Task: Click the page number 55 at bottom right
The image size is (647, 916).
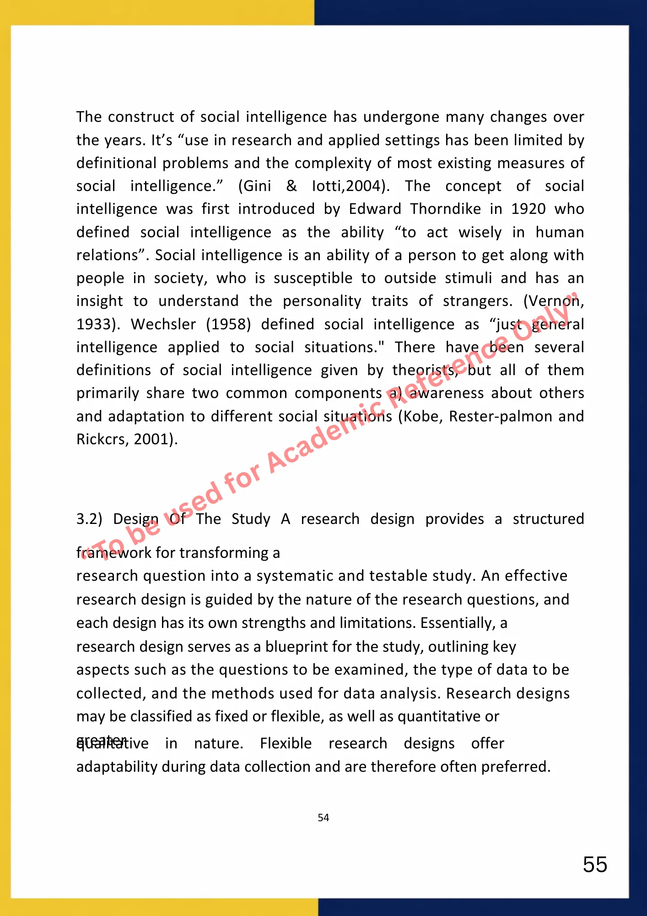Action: click(x=595, y=865)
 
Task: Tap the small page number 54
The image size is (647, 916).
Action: click(x=323, y=818)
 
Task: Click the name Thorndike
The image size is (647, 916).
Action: click(x=445, y=209)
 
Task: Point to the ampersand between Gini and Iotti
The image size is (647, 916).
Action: click(x=291, y=186)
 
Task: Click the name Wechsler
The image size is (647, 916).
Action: click(x=163, y=324)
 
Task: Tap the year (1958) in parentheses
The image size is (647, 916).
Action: click(x=228, y=324)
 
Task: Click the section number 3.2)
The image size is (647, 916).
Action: click(x=89, y=519)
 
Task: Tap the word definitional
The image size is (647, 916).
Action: click(x=114, y=163)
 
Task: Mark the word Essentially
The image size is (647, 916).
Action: click(x=458, y=623)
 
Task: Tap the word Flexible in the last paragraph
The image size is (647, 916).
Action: click(x=286, y=743)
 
